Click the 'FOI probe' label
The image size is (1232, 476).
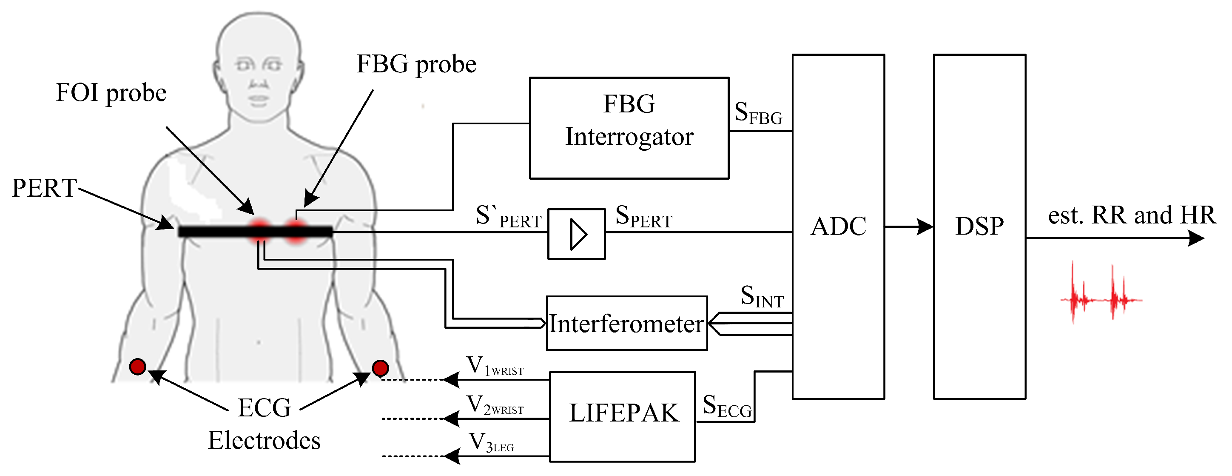pyautogui.click(x=111, y=92)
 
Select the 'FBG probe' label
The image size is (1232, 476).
pyautogui.click(x=417, y=64)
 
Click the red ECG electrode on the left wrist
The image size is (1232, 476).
pyautogui.click(x=138, y=367)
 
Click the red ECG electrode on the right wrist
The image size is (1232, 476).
pyautogui.click(x=380, y=368)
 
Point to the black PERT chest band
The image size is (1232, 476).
pyautogui.click(x=256, y=232)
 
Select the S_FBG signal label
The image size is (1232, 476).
pyautogui.click(x=758, y=113)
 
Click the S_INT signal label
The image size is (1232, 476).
pyautogui.click(x=762, y=296)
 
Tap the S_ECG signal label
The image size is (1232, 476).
pyautogui.click(x=727, y=406)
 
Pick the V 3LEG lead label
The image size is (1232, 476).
pyautogui.click(x=491, y=442)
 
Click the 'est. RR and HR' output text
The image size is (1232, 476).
pyautogui.click(x=1132, y=215)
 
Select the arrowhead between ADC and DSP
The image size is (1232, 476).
pyautogui.click(x=925, y=227)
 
